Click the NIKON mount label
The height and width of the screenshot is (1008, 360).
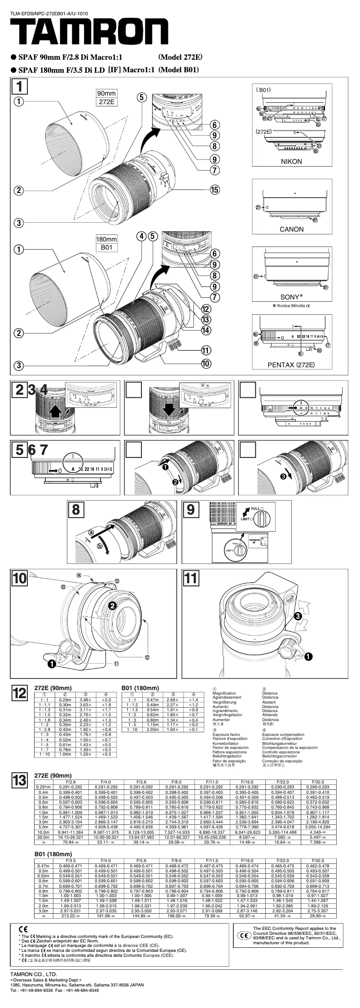pos(291,162)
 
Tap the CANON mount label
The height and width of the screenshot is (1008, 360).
pos(291,229)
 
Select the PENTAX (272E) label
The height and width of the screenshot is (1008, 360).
pos(291,365)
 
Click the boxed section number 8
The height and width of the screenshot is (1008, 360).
pos(76,509)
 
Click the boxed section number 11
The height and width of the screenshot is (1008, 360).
pos(191,578)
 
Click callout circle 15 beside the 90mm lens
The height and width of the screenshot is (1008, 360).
pos(215,189)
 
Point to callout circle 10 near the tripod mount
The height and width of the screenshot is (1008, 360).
pos(206,364)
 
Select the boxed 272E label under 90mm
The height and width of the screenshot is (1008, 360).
pos(106,102)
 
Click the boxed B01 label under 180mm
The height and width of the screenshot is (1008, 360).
pos(106,247)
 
